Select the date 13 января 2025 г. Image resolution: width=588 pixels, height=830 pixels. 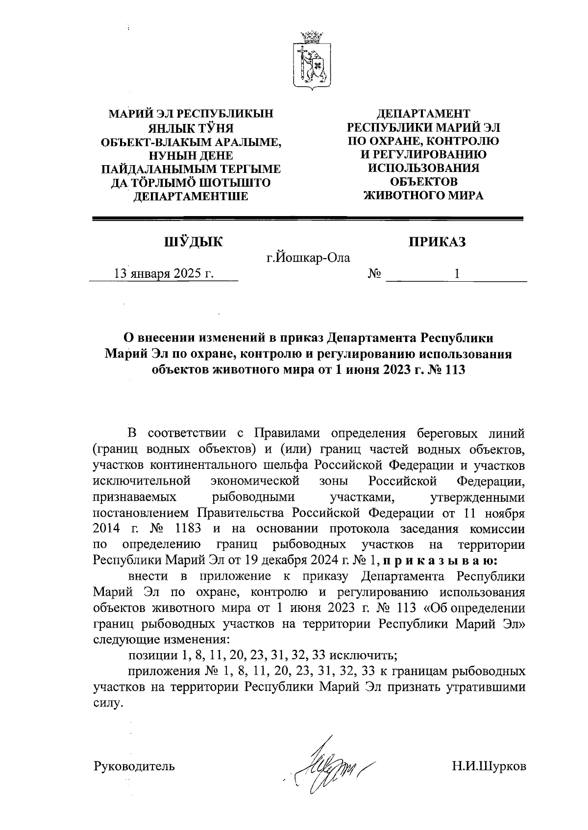click(x=164, y=273)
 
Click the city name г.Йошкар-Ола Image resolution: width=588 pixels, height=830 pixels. click(x=308, y=257)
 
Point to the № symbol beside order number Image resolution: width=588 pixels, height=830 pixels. click(x=375, y=274)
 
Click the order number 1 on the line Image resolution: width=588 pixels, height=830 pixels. click(x=457, y=274)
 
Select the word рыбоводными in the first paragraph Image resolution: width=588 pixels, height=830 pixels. click(x=253, y=497)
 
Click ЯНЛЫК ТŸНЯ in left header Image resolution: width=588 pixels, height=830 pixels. click(x=191, y=129)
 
